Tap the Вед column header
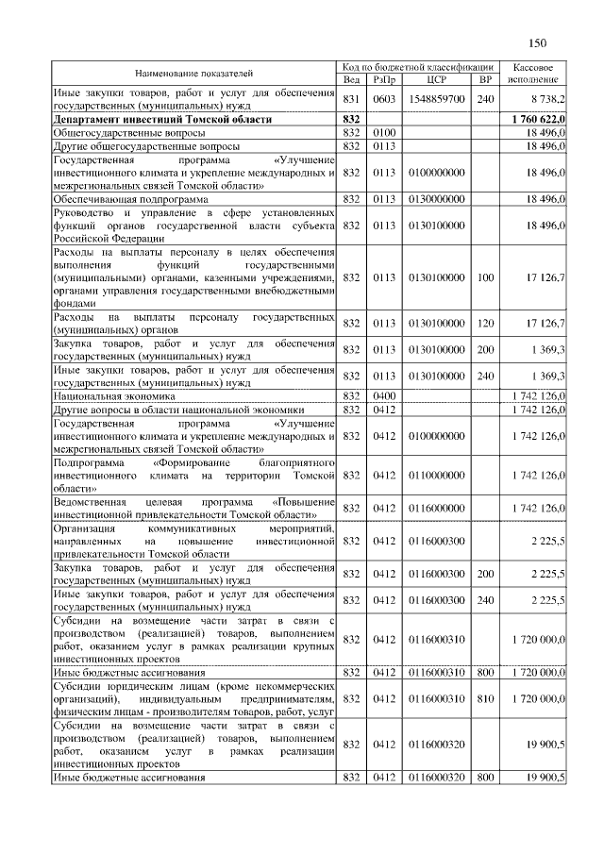[x=352, y=79]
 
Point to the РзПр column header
[x=383, y=79]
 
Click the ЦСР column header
[x=436, y=79]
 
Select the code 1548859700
[x=436, y=99]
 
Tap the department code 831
[x=352, y=99]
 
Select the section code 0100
[x=383, y=134]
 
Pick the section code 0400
[x=383, y=397]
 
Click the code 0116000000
[x=436, y=508]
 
